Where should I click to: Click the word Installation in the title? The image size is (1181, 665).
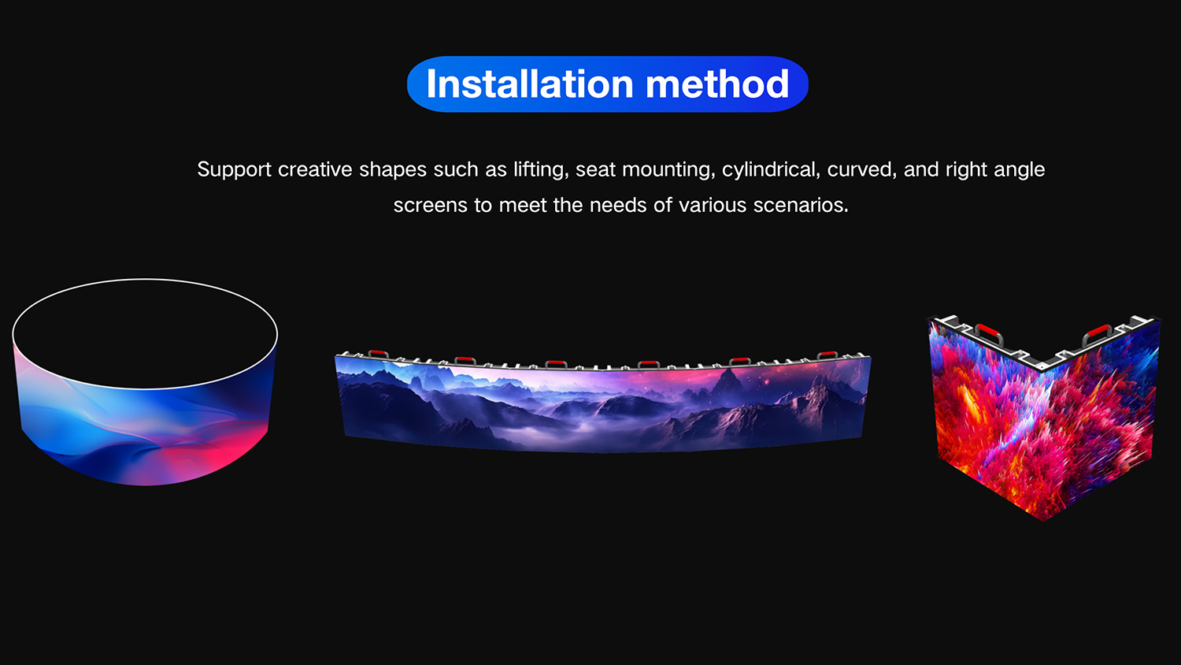click(530, 84)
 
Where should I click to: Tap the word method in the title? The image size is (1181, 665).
click(717, 84)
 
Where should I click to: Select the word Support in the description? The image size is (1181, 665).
click(234, 170)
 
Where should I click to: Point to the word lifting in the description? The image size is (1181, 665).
click(541, 170)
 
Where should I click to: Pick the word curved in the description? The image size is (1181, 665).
click(861, 169)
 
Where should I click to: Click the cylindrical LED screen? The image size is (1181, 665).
click(145, 422)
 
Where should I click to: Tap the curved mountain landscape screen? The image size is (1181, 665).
click(603, 403)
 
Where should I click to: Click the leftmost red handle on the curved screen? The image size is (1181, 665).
click(378, 354)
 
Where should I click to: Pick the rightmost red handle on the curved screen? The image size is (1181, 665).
click(827, 355)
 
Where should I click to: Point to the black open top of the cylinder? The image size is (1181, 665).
click(145, 333)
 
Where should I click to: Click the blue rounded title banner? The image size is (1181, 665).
click(607, 84)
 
